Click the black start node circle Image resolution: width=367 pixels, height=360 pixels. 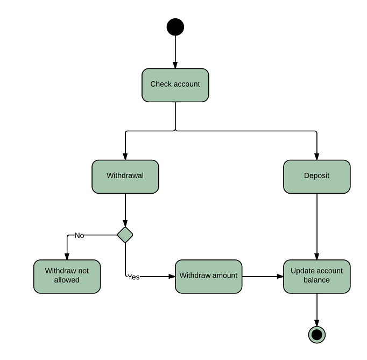click(x=175, y=27)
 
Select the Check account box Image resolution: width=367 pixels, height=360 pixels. click(x=175, y=85)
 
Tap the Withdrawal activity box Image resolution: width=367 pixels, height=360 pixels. click(x=125, y=177)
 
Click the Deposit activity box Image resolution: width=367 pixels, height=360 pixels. click(x=317, y=177)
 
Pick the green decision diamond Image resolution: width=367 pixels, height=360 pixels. click(x=125, y=235)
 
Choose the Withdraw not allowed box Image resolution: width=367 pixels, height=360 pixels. click(x=67, y=277)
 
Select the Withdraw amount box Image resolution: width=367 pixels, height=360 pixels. click(x=208, y=277)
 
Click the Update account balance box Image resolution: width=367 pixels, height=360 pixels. click(x=317, y=277)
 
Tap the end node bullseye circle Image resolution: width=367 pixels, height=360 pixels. click(x=317, y=335)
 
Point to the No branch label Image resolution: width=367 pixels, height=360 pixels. click(x=79, y=235)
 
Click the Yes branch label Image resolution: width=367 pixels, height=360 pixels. click(x=133, y=277)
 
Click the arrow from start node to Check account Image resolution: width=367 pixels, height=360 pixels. click(x=175, y=52)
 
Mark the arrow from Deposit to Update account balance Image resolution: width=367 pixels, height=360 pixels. click(x=317, y=226)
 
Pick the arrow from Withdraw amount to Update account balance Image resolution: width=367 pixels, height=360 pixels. click(x=263, y=277)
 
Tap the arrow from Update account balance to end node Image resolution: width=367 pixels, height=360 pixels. click(x=317, y=309)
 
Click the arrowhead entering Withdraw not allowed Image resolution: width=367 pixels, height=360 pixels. click(x=67, y=257)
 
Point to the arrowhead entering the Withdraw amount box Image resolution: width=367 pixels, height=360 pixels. click(x=172, y=277)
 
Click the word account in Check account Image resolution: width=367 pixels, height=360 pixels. click(x=187, y=84)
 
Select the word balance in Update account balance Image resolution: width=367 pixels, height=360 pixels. click(x=317, y=280)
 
